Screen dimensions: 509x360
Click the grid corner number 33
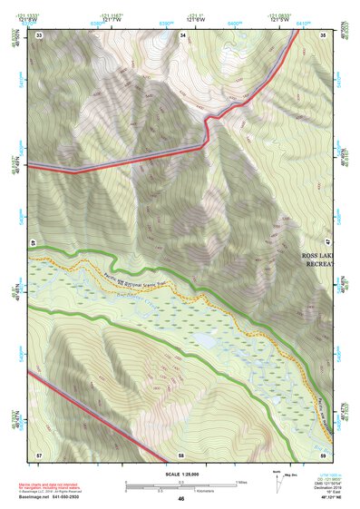(39, 34)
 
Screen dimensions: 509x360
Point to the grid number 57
(39, 453)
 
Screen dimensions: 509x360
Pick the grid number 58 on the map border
(181, 454)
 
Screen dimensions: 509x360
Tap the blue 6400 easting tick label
(234, 22)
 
